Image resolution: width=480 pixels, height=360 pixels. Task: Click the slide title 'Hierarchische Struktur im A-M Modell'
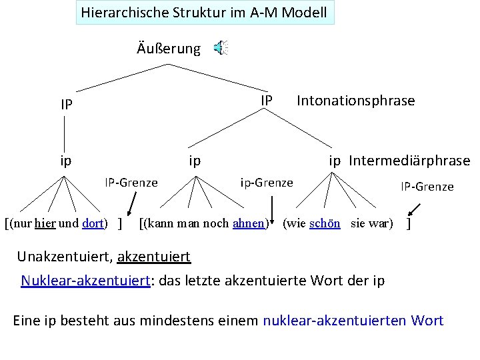coord(204,12)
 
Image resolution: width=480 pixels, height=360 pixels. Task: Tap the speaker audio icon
coord(220,47)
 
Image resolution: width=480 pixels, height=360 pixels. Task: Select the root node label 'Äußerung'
coord(168,49)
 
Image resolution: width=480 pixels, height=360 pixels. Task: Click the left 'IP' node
coord(66,105)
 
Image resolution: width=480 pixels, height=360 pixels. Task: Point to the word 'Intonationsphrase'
coord(355,101)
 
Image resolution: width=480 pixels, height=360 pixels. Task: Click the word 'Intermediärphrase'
coord(409,161)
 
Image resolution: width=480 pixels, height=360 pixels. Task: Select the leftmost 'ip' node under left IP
coord(65,161)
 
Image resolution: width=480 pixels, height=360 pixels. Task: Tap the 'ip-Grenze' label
coord(266,182)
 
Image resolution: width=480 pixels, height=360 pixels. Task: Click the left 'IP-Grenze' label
coord(131,182)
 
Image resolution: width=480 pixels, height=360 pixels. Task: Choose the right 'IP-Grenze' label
coord(427,187)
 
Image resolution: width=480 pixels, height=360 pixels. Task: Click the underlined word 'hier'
coord(46,223)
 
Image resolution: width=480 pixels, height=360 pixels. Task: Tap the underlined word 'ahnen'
coord(248,223)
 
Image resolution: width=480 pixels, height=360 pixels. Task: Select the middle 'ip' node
coord(195,161)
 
